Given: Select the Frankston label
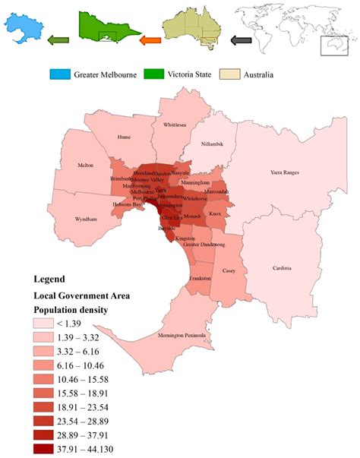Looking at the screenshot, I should click(201, 279).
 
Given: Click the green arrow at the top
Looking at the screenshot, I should click(58, 40).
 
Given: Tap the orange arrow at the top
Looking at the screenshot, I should click(151, 40).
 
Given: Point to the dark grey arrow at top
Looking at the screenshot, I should click(242, 40).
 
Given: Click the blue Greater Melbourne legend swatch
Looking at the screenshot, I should click(60, 74).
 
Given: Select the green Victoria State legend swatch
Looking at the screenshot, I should click(159, 74).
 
